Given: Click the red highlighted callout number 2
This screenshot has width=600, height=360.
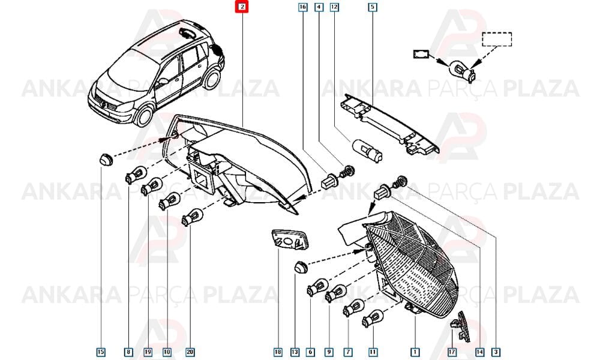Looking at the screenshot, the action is [x=242, y=7].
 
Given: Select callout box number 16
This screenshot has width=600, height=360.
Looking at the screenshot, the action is [x=302, y=7].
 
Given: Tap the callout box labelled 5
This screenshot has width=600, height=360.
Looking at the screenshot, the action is [x=373, y=7].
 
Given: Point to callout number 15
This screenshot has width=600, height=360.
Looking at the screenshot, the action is [x=101, y=352].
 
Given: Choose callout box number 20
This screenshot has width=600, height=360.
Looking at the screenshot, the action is [x=190, y=352].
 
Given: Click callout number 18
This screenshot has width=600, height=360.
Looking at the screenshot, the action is [x=278, y=352].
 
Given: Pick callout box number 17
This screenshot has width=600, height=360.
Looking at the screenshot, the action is [x=452, y=352].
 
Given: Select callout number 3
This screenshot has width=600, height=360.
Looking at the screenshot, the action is [x=496, y=352].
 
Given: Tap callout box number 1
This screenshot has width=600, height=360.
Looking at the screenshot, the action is [x=415, y=352].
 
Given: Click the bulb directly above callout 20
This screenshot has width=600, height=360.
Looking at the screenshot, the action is [x=192, y=216].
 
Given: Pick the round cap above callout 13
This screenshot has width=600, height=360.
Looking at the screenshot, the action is [x=301, y=267].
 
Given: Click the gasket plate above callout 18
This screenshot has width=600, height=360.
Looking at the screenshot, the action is [x=289, y=239].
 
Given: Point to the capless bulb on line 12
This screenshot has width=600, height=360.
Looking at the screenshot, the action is [x=366, y=151].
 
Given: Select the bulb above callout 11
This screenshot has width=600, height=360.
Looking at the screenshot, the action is [x=373, y=318].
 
